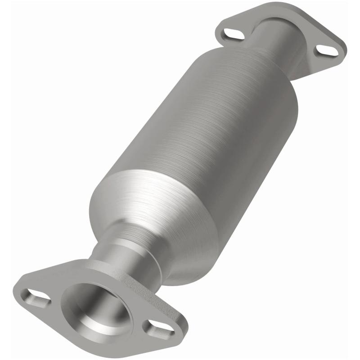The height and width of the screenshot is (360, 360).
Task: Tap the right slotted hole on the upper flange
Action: pos(327,50)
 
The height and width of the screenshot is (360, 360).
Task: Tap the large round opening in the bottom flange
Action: pos(97,306)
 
